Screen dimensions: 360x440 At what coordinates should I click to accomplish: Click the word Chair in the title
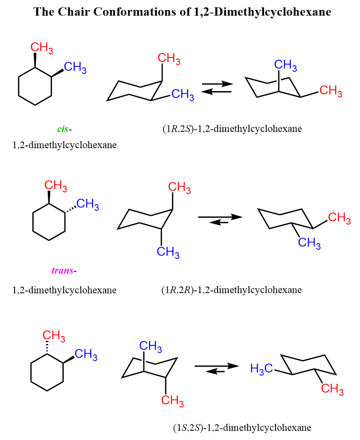[73, 12]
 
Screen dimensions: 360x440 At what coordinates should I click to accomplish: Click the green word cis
[62, 129]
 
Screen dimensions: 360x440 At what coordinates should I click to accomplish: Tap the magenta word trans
[62, 271]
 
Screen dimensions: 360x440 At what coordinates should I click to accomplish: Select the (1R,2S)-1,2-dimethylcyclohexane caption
[232, 129]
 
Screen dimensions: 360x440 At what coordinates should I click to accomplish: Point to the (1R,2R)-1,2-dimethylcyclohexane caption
[231, 290]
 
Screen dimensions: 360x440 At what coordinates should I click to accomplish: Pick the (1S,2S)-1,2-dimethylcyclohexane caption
[242, 428]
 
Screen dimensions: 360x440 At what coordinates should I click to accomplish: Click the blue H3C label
[261, 368]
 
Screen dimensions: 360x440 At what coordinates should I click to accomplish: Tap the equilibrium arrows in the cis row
[217, 88]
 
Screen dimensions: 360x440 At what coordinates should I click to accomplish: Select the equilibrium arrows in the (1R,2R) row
[220, 219]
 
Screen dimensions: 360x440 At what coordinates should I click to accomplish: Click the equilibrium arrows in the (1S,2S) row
[216, 368]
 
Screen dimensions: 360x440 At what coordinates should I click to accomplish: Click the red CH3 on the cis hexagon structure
[42, 48]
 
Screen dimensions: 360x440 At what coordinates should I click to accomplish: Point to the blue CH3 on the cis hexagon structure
[75, 67]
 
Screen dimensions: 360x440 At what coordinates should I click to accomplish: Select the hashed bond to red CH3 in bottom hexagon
[47, 347]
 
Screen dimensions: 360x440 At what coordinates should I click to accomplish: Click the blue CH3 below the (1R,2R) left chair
[168, 252]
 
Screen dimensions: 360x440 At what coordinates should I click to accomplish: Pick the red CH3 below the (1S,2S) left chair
[172, 401]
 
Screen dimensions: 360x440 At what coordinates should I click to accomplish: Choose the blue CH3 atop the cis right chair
[285, 65]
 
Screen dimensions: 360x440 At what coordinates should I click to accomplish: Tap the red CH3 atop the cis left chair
[169, 58]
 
